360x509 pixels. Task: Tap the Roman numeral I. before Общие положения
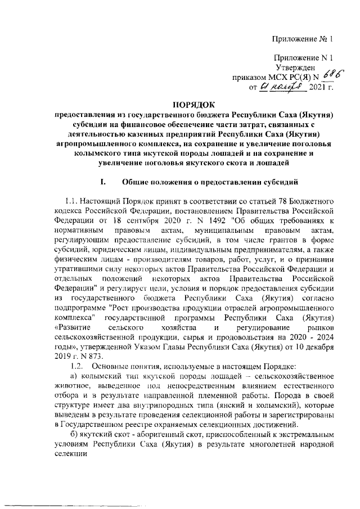click(102, 182)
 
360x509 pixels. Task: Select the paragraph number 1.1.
click(71, 200)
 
